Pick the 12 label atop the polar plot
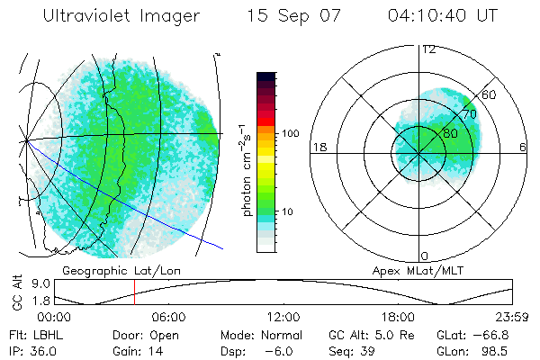(428, 49)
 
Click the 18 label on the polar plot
(319, 147)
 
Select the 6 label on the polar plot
(523, 147)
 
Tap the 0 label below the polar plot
(425, 256)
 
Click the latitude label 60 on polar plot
(490, 94)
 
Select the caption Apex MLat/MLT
(409, 270)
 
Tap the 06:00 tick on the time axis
(168, 317)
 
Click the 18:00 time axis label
(398, 317)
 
